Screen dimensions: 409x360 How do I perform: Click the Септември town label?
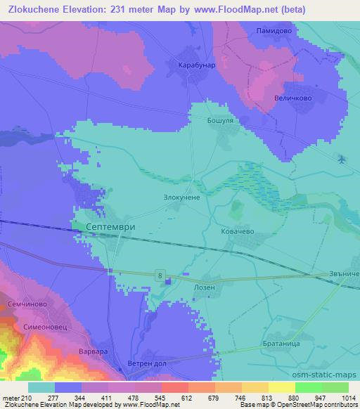coord(109,228)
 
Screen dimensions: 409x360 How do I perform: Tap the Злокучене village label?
coord(182,199)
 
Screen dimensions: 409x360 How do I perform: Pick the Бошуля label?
coord(219,120)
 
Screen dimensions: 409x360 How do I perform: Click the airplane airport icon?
coord(342,160)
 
